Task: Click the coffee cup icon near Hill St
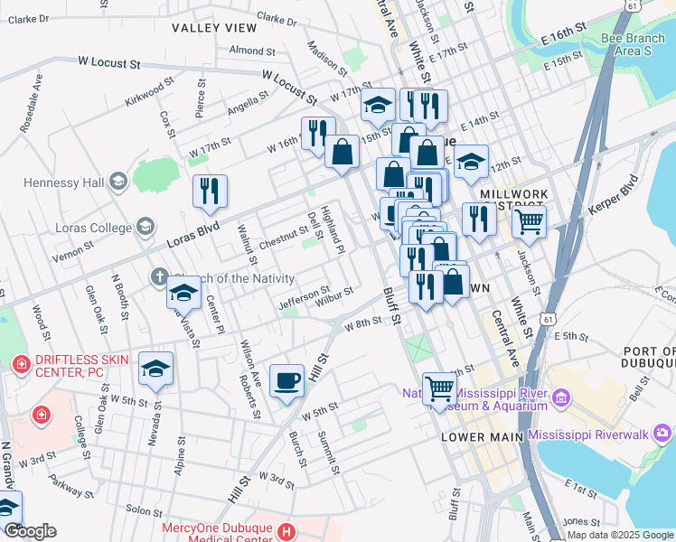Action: point(287,380)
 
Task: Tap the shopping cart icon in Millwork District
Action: point(529,220)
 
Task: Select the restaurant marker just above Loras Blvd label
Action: point(210,191)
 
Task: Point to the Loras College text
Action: point(94,227)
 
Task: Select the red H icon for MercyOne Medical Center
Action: point(286,530)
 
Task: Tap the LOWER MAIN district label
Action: point(481,437)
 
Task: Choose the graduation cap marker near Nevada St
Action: point(155,369)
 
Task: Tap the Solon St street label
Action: point(145,510)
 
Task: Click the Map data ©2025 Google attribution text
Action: point(619,535)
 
